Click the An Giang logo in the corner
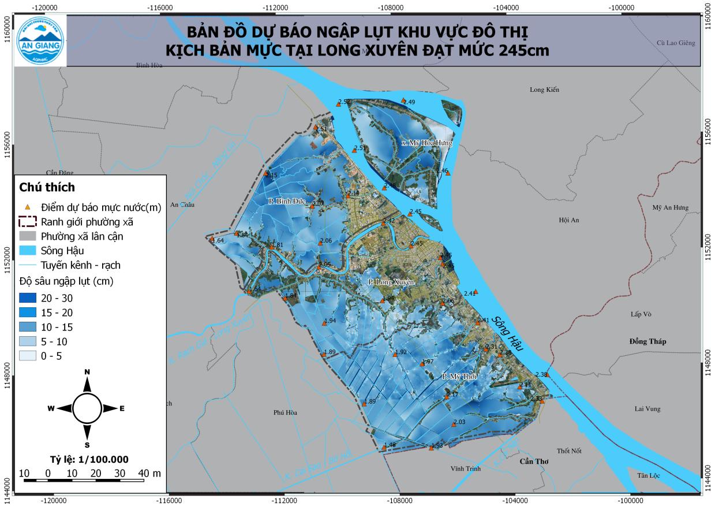pos(40,40)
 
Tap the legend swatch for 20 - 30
pos(27,298)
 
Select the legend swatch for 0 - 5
pos(27,356)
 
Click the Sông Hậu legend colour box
pos(27,251)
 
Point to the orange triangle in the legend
pos(27,207)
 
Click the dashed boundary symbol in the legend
pos(27,221)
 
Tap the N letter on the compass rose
pos(87,372)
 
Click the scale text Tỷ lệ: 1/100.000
pos(89,459)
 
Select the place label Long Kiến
pos(544,90)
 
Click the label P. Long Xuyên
pos(391,282)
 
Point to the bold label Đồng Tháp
pos(647,341)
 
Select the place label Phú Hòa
pos(285,412)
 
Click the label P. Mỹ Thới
pos(459,376)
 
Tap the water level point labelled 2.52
pos(339,105)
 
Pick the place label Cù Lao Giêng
pos(676,43)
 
